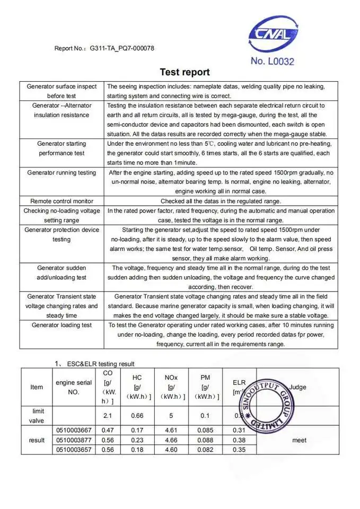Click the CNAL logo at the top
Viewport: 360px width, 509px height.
click(x=274, y=34)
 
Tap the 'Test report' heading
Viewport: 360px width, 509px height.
click(x=185, y=72)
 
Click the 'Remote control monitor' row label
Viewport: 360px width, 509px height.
click(x=62, y=201)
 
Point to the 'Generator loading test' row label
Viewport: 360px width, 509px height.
click(x=62, y=325)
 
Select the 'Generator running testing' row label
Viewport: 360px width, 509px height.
click(x=62, y=172)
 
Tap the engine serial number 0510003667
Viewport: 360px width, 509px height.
click(x=74, y=430)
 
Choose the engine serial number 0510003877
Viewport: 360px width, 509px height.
click(x=74, y=440)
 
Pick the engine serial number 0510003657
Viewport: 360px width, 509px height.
click(x=74, y=450)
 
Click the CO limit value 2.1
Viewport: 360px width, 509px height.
click(x=108, y=416)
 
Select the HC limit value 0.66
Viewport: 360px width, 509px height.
click(x=137, y=416)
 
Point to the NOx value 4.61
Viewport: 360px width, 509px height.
click(x=171, y=430)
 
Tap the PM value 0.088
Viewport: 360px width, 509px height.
click(x=205, y=440)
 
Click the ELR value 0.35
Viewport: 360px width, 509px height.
click(x=240, y=450)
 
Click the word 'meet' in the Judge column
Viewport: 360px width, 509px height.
click(x=299, y=440)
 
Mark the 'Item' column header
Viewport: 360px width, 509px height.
click(x=37, y=387)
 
